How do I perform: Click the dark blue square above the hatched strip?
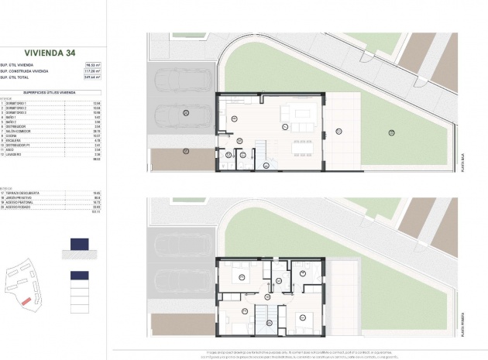[79, 244]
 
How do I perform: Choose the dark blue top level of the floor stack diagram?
[79, 276]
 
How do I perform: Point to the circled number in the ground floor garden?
[391, 132]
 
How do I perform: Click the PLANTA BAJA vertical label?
[462, 162]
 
